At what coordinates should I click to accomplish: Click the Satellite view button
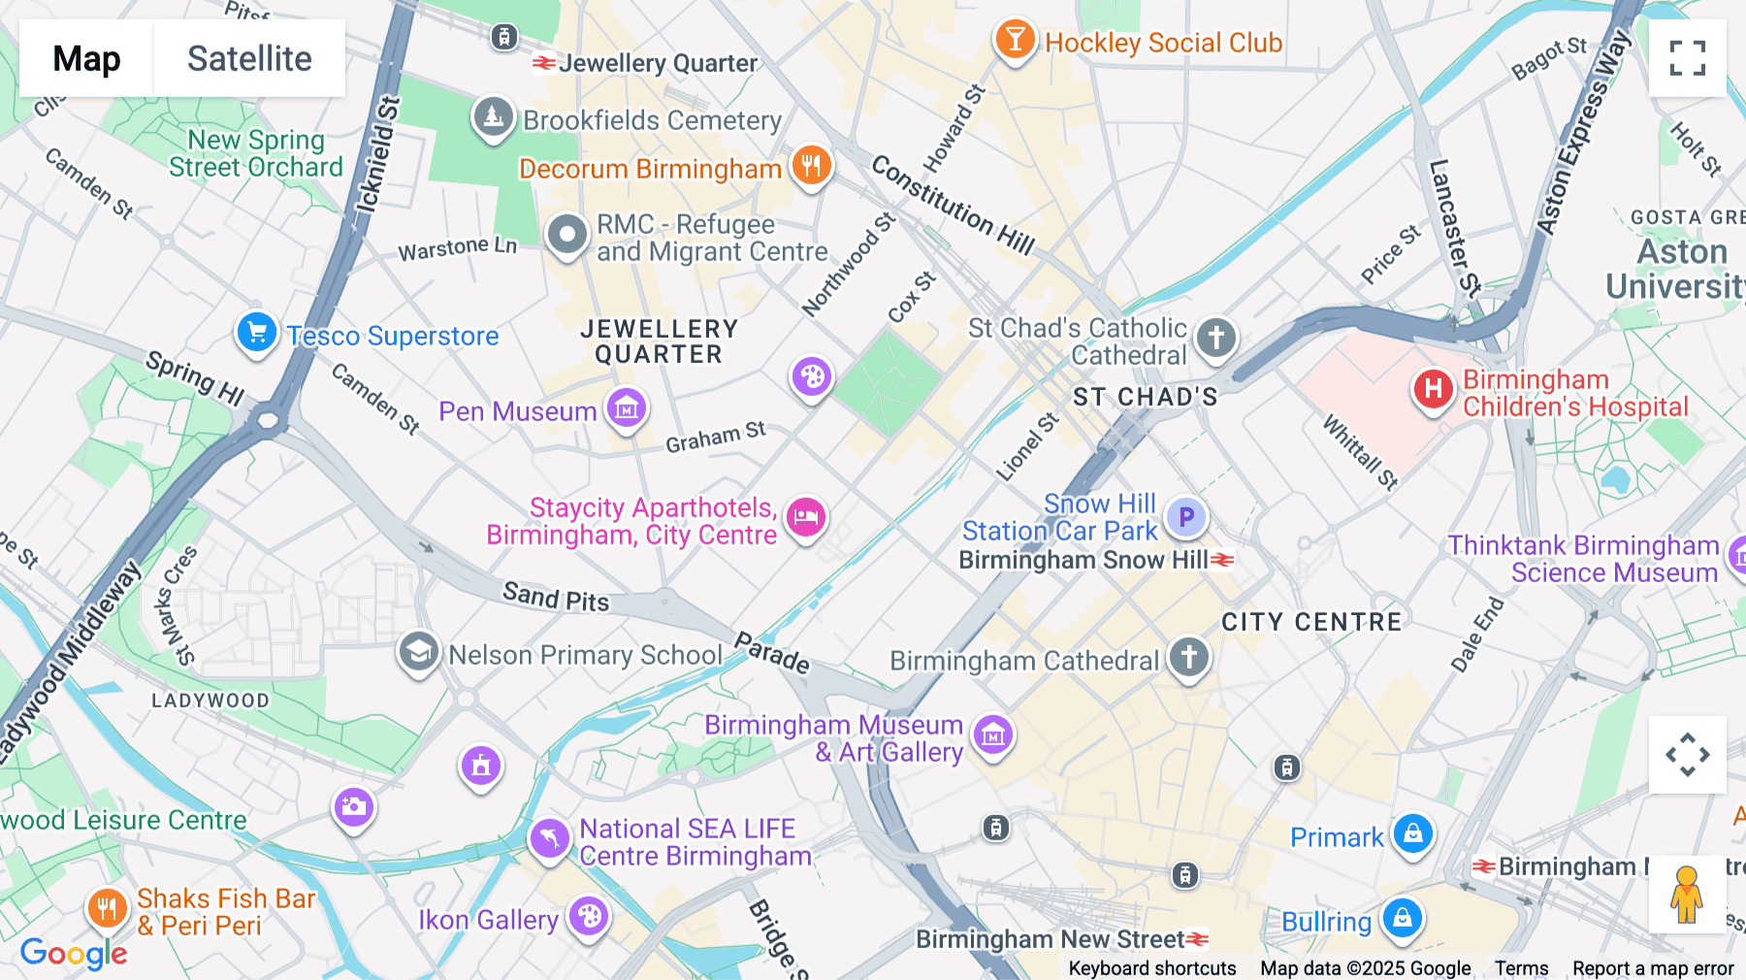249,58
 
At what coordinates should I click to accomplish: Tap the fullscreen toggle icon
1687,58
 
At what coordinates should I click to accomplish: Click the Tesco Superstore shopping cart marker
257,333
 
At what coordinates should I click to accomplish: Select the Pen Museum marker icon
627,408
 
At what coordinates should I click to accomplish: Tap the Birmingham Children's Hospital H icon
1433,389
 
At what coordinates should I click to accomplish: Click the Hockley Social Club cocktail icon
1015,40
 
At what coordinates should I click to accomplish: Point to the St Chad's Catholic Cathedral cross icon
1216,338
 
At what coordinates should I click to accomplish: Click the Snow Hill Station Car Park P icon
1185,517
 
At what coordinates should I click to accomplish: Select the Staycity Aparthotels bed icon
806,517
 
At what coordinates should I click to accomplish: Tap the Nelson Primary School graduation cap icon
419,652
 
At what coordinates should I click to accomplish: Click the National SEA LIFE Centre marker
549,837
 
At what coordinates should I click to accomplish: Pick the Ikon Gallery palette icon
589,915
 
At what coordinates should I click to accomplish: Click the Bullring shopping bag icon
1402,917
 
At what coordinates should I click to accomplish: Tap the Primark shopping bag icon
1412,833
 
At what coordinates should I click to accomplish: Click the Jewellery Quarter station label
657,64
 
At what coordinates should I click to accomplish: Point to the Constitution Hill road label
952,205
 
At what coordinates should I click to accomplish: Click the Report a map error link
1653,968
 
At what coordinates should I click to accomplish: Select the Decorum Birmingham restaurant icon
811,166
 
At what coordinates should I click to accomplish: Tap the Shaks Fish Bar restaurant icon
107,908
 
